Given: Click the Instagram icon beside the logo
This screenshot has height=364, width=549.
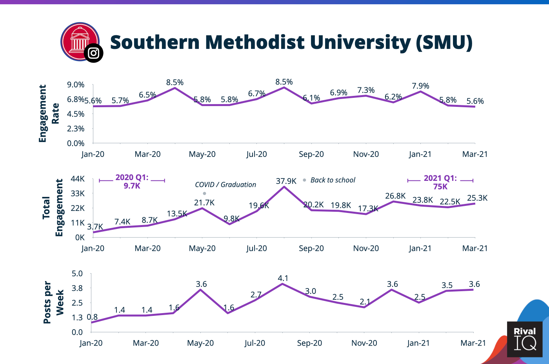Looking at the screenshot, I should [93, 53].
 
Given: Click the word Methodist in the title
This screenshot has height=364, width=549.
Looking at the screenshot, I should [255, 42].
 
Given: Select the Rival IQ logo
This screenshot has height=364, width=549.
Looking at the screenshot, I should [525, 339].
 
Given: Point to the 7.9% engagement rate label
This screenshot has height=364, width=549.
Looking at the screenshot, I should [420, 86].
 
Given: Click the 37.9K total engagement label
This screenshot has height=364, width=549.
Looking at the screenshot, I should [286, 181].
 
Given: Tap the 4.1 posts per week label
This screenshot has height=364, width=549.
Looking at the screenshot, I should [283, 278].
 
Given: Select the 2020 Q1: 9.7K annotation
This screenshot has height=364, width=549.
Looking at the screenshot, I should [132, 182].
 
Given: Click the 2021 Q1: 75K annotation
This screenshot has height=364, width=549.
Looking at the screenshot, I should [440, 182].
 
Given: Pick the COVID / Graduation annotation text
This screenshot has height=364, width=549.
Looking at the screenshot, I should [225, 185].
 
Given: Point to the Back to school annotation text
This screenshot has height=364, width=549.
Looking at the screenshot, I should [333, 180].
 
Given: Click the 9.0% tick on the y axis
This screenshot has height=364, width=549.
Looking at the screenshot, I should [76, 85].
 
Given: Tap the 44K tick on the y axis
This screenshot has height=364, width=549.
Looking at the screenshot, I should [78, 179].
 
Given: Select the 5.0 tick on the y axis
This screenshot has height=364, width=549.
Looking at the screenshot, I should [77, 274].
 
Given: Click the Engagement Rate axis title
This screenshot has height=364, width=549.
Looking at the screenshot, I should [49, 114].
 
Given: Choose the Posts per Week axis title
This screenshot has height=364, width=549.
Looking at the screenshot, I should [53, 302].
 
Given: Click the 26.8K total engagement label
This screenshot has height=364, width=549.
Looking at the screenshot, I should [395, 196].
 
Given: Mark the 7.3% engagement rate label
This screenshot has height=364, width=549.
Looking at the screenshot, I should [366, 90].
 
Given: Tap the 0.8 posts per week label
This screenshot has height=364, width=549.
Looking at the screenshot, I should [92, 317].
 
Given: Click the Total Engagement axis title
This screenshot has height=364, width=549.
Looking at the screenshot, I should [53, 208].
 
